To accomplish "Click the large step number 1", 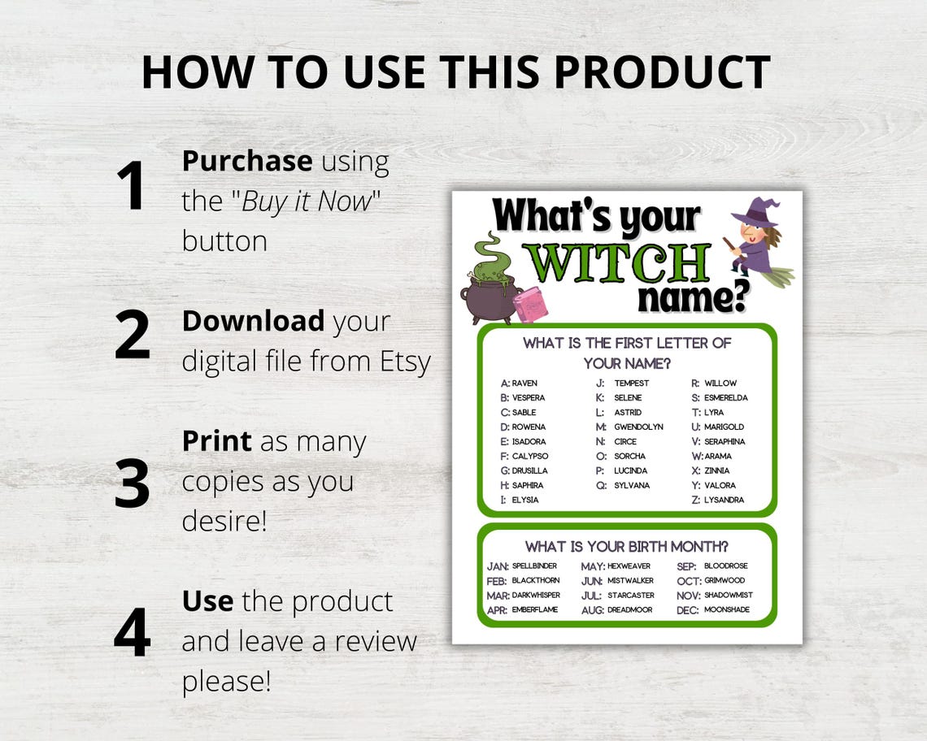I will point(131,186).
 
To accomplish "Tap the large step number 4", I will point(132,631).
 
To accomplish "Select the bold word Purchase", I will point(246,161).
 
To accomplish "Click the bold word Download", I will point(253,321).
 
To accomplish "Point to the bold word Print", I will point(216,441).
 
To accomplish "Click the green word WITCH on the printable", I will point(616,262).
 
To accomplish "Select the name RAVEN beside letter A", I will point(524,383).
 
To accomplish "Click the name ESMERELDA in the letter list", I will point(725,397).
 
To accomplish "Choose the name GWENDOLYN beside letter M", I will point(638,427).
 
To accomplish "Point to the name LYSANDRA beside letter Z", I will point(724,500).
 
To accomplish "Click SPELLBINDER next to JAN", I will point(534,565).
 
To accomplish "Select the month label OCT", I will point(688,581).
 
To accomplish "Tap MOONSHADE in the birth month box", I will point(726,609).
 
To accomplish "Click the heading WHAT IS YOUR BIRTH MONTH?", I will point(626,546).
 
